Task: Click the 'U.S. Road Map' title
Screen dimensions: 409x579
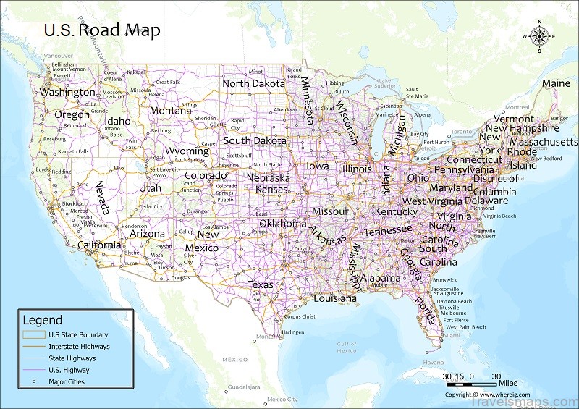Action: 102,30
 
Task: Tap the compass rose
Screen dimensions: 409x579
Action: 538,36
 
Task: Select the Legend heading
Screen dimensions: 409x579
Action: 43,320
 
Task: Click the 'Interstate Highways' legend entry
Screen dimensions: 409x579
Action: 79,347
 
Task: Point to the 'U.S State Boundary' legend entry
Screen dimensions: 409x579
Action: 78,335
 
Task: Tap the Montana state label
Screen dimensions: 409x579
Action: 171,111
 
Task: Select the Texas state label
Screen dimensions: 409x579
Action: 261,284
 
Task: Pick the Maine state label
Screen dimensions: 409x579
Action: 556,83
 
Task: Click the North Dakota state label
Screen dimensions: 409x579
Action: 255,83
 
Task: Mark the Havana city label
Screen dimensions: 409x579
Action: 433,363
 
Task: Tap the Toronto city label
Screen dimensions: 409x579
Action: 461,132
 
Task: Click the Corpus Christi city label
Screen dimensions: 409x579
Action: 300,316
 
